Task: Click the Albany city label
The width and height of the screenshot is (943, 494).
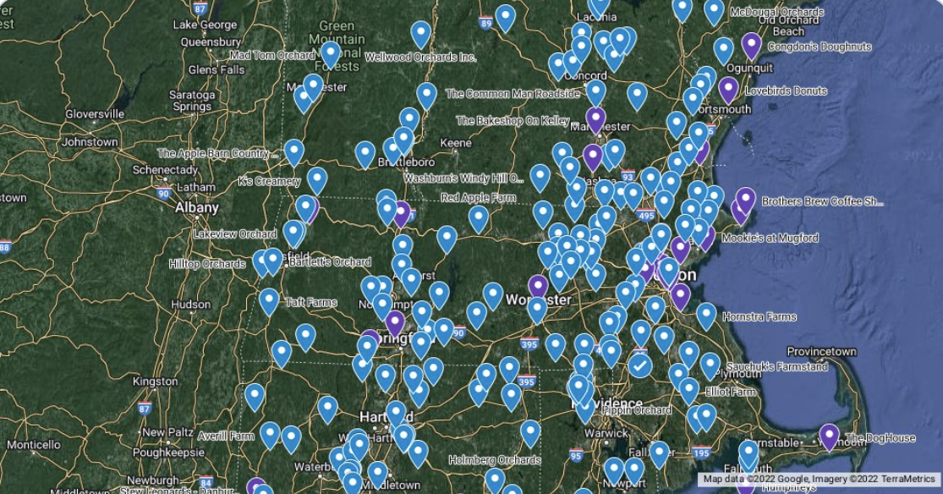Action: [196, 207]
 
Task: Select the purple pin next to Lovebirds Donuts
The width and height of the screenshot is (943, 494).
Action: [727, 88]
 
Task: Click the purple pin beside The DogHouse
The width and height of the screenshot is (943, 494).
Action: [829, 435]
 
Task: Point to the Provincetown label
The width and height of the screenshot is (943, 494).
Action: [821, 351]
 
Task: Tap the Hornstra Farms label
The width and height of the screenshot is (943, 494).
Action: [759, 317]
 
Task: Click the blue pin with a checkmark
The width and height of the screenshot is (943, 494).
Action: [639, 365]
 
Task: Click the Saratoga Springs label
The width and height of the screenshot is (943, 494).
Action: [191, 101]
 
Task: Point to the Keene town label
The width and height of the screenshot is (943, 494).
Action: [456, 143]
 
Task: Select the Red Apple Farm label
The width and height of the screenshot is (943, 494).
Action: [478, 198]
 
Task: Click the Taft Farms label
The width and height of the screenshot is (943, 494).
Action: [310, 302]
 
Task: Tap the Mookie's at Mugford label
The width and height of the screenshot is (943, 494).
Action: [770, 239]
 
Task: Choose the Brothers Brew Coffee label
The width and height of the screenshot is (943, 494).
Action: [821, 201]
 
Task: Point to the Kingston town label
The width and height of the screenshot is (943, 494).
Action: [155, 381]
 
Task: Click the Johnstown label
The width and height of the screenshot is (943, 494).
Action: [90, 142]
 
